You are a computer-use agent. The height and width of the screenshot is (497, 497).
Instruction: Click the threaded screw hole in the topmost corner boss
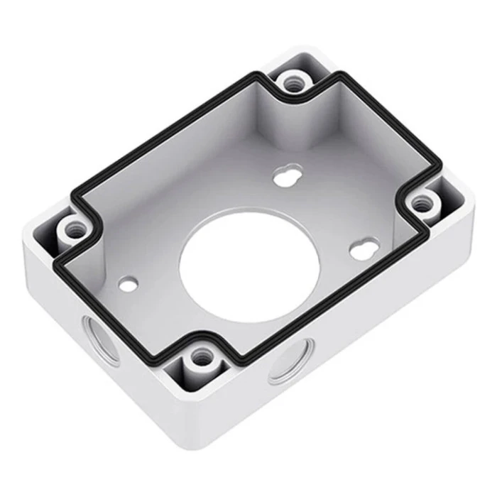[x=293, y=82]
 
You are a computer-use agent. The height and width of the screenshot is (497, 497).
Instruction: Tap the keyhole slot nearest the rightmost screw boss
[x=361, y=247]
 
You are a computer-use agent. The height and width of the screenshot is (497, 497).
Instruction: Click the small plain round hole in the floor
[x=128, y=283]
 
